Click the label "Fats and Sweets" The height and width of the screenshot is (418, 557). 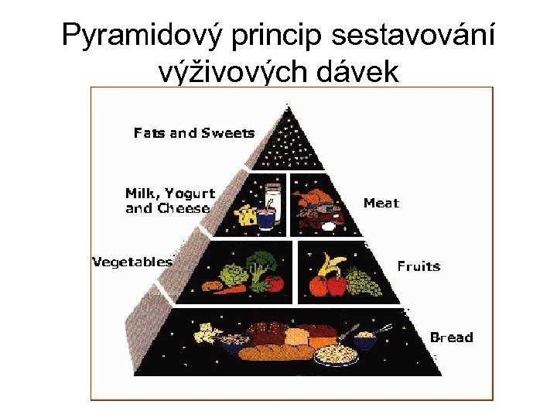(x=193, y=133)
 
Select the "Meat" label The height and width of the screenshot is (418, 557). (x=381, y=203)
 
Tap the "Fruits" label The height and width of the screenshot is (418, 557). (x=419, y=266)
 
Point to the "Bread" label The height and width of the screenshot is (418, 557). (x=451, y=337)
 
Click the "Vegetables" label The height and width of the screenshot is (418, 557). (x=132, y=262)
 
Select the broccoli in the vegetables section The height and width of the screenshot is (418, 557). (x=261, y=264)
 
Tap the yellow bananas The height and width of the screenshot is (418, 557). (x=332, y=266)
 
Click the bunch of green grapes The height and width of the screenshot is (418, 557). (x=362, y=283)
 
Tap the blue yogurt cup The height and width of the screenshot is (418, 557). (x=266, y=220)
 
